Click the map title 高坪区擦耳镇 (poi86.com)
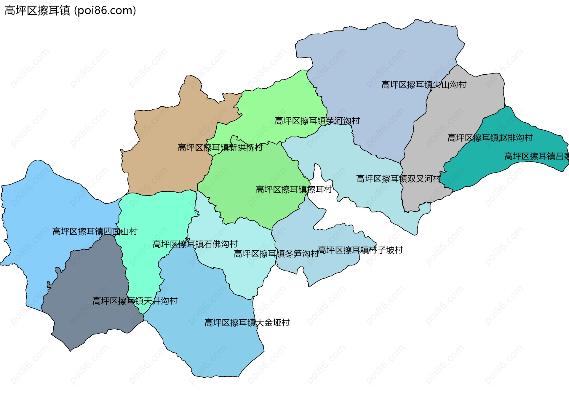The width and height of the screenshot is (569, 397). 70,11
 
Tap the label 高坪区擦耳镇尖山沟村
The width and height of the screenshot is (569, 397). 423,85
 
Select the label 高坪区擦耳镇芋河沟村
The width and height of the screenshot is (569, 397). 317,121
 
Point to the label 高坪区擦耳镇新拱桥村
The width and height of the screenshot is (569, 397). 220,148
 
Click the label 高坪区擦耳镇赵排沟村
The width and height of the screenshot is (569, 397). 490,138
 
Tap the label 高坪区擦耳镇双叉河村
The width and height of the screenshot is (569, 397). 398,179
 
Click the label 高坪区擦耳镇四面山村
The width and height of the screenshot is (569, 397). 95,231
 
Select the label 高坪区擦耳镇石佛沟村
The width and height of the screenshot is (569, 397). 195,244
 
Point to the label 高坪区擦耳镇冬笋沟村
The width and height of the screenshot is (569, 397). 276,254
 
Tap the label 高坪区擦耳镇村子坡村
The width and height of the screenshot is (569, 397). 360,250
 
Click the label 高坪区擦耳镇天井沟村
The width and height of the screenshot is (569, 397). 135,301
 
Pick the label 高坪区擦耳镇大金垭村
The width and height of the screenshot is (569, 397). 247,323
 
